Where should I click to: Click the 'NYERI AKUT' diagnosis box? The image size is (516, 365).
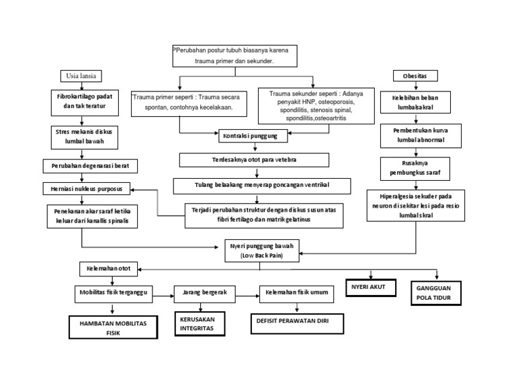(369, 288)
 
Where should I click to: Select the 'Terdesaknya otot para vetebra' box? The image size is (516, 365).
(254, 160)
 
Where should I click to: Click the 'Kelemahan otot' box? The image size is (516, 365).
(109, 269)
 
